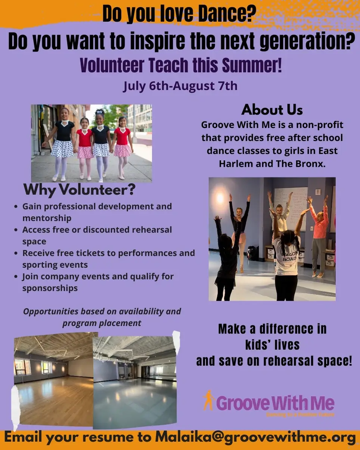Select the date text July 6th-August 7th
[180, 86]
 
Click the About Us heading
[272, 110]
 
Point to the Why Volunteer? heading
[79, 190]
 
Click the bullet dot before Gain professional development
[16, 207]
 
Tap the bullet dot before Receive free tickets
[16, 253]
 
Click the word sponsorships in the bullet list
[50, 288]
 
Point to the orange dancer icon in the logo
[208, 400]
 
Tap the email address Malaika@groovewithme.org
[255, 438]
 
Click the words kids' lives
[272, 345]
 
